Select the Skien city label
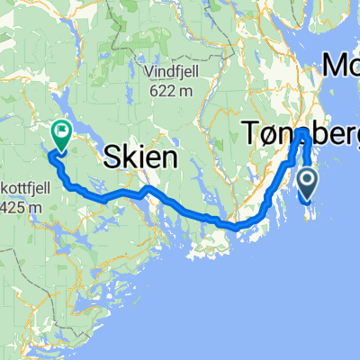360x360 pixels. [143, 158]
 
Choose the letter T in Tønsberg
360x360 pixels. [251, 135]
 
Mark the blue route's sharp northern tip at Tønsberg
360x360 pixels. [303, 134]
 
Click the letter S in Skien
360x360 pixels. [112, 158]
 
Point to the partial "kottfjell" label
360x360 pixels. [15, 192]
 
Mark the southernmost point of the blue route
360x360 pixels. [236, 228]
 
